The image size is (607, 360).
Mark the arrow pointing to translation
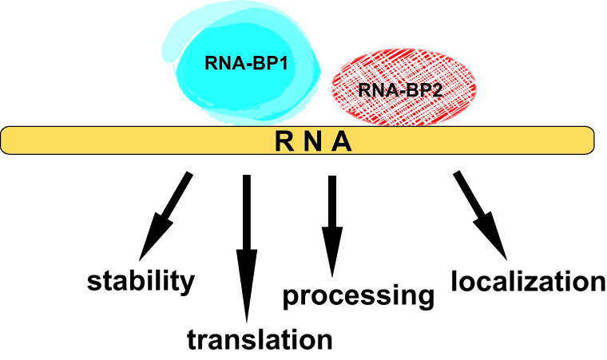(x=247, y=239)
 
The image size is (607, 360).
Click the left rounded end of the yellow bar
(x=8, y=140)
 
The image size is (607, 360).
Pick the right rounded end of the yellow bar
(x=590, y=140)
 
